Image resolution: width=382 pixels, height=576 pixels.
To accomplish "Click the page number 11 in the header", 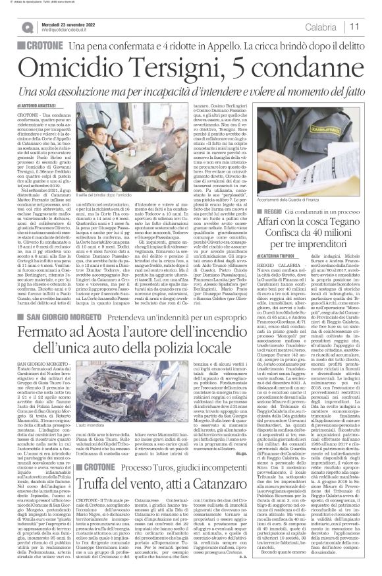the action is [354, 26].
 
